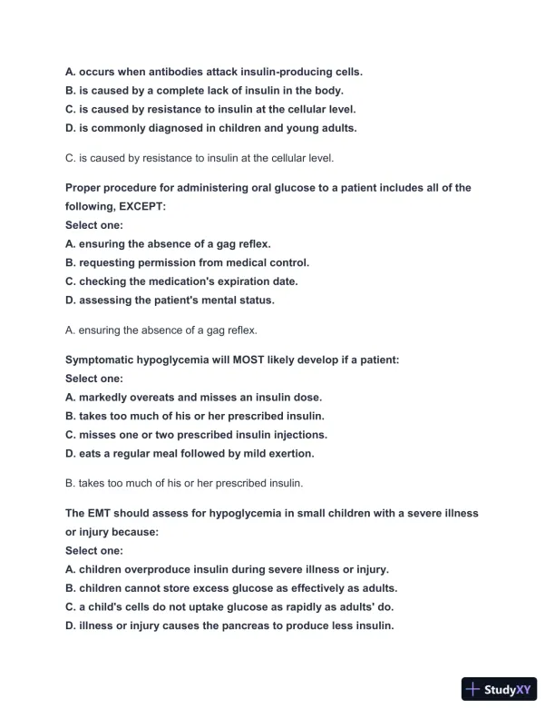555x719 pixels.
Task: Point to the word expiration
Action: coord(225,281)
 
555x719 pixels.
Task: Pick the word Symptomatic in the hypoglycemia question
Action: coord(102,359)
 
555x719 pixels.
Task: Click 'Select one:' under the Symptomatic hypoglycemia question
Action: coord(94,379)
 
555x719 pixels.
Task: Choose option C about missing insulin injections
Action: coord(197,435)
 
